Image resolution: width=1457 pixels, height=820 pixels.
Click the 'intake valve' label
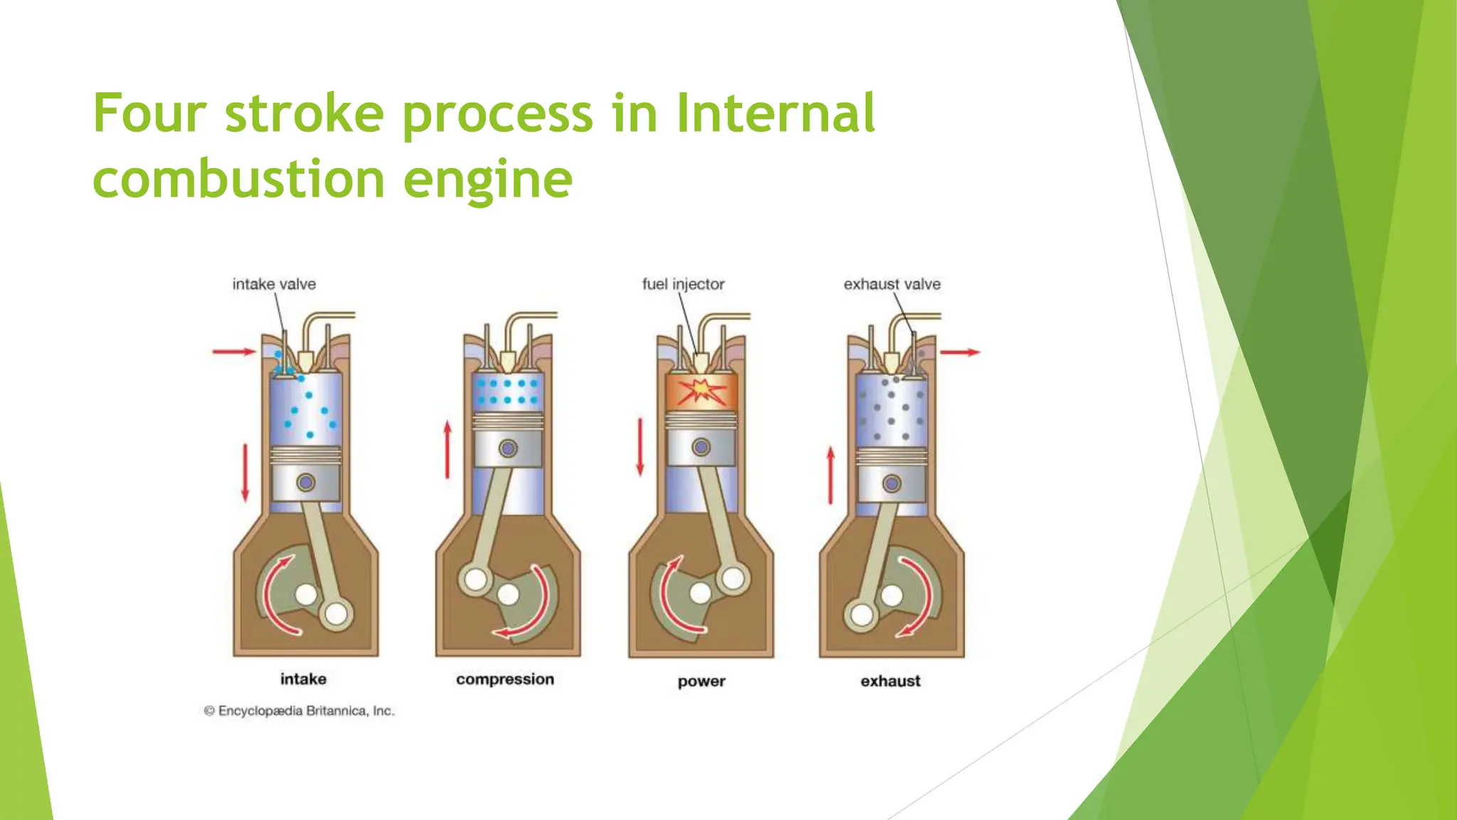tap(274, 284)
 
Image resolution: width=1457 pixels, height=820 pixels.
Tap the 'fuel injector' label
tap(683, 284)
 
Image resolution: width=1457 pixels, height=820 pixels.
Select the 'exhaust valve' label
tap(892, 284)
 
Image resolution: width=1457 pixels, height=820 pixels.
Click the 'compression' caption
tap(505, 679)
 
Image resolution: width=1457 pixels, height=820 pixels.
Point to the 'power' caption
tap(701, 681)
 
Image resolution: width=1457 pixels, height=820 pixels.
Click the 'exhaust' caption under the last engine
tap(890, 681)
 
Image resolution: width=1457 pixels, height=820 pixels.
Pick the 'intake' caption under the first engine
tap(303, 679)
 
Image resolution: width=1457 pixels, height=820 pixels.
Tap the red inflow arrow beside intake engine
tap(234, 351)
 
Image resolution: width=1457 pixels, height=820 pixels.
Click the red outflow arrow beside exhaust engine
tap(960, 352)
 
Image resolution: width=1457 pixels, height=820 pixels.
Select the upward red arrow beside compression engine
tap(447, 449)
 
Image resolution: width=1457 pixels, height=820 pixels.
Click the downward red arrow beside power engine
tap(640, 447)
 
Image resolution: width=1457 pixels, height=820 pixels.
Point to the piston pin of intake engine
tap(306, 483)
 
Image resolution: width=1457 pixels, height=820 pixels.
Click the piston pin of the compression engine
tap(508, 448)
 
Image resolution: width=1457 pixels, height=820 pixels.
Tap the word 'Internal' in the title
tap(775, 113)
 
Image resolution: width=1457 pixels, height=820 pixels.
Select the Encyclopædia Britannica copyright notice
tap(299, 710)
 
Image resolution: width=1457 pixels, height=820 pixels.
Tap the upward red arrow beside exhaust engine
tap(830, 475)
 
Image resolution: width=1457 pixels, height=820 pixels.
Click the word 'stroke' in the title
tap(304, 113)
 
